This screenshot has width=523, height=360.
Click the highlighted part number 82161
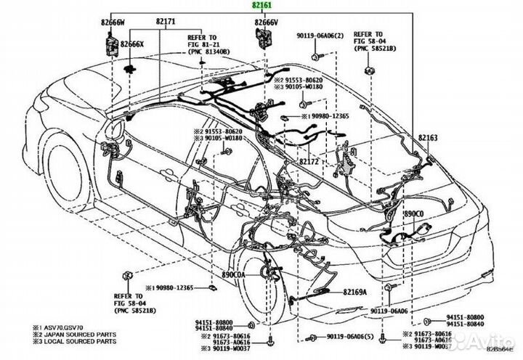click(x=264, y=6)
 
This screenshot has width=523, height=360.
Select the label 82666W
click(x=114, y=22)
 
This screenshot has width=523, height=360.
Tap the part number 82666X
click(x=133, y=44)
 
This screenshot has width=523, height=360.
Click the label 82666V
click(x=266, y=22)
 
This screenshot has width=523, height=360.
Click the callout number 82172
click(x=310, y=162)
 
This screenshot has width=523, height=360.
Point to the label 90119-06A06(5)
click(x=346, y=337)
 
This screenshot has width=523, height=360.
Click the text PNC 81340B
click(x=209, y=52)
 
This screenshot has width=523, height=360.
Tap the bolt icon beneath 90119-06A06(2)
click(x=312, y=56)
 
